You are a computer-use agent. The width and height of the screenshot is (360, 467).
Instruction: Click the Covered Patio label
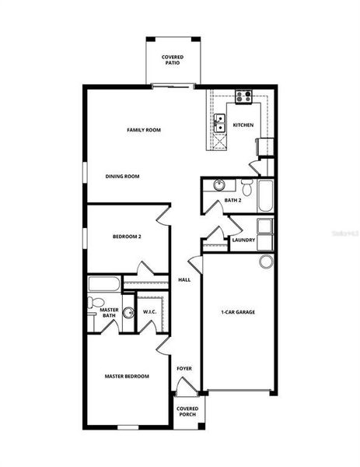click(172, 60)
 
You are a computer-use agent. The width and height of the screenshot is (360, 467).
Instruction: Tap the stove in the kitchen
click(243, 97)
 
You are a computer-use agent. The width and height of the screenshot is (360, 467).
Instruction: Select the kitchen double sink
click(219, 123)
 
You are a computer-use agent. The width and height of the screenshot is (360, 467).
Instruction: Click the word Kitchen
click(243, 125)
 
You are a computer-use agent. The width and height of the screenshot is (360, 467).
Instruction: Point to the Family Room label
click(144, 130)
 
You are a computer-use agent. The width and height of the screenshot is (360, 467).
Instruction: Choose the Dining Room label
click(122, 177)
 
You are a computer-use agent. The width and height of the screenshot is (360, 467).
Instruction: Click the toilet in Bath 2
click(246, 187)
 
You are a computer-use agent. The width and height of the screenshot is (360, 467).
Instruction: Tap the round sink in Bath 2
click(218, 186)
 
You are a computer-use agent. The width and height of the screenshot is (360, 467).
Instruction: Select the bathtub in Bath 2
click(266, 195)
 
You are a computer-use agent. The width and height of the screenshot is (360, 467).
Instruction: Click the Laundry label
click(243, 240)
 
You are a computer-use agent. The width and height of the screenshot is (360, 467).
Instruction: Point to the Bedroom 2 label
click(127, 236)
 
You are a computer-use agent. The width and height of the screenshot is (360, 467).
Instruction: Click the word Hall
click(185, 279)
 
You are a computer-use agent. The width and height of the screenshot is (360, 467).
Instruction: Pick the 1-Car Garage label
click(238, 312)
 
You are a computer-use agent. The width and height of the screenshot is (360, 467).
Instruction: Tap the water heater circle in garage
click(267, 261)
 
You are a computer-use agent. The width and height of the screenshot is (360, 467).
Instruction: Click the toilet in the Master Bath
click(93, 302)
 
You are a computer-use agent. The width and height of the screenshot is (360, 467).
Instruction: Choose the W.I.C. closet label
click(151, 312)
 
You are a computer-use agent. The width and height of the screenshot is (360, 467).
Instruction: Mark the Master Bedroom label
click(127, 376)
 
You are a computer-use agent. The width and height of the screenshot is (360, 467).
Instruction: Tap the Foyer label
click(184, 368)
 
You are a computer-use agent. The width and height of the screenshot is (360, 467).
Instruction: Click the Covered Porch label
click(187, 411)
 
